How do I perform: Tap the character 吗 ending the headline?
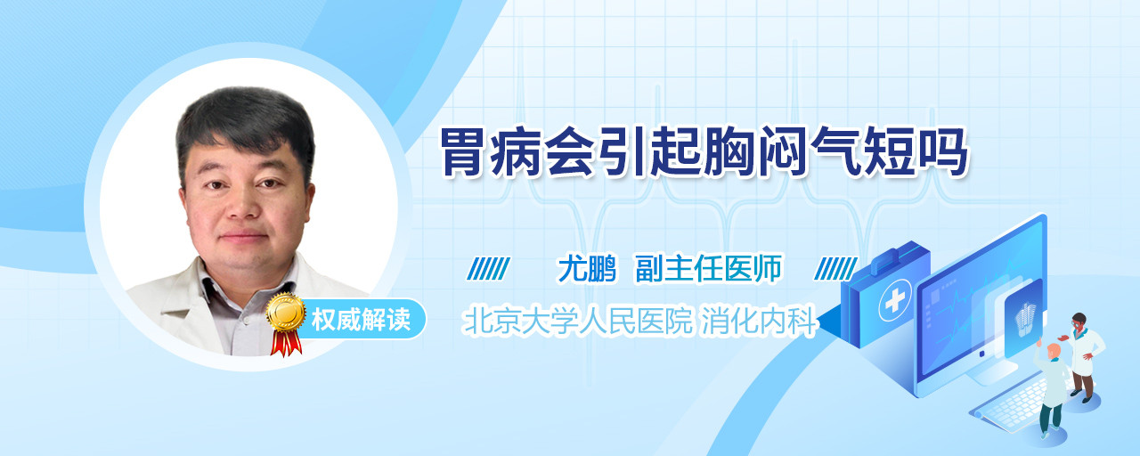coord(943,152)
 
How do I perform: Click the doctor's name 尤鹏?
coord(587,268)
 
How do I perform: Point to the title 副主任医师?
coord(708,268)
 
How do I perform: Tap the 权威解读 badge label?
coord(361,320)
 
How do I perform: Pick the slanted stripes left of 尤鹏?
coord(488,269)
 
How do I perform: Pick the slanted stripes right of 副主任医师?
coord(835,269)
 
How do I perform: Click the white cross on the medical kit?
coord(895,301)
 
